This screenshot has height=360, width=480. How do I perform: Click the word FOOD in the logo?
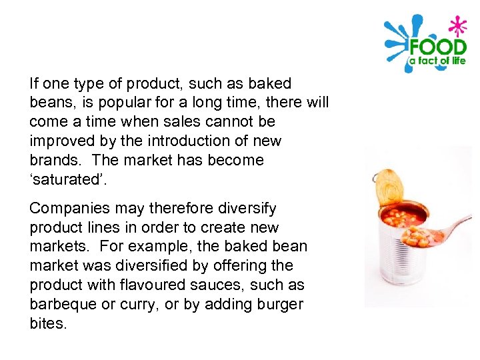[437, 47]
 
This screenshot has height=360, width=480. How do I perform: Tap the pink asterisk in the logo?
[457, 27]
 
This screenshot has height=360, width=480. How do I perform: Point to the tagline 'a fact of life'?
[437, 62]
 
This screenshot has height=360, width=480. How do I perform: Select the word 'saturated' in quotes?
[62, 180]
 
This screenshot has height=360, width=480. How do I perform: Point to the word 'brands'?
[55, 161]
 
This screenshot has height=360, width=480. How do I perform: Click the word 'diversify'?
[245, 209]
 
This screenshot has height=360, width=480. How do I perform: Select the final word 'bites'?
[49, 324]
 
